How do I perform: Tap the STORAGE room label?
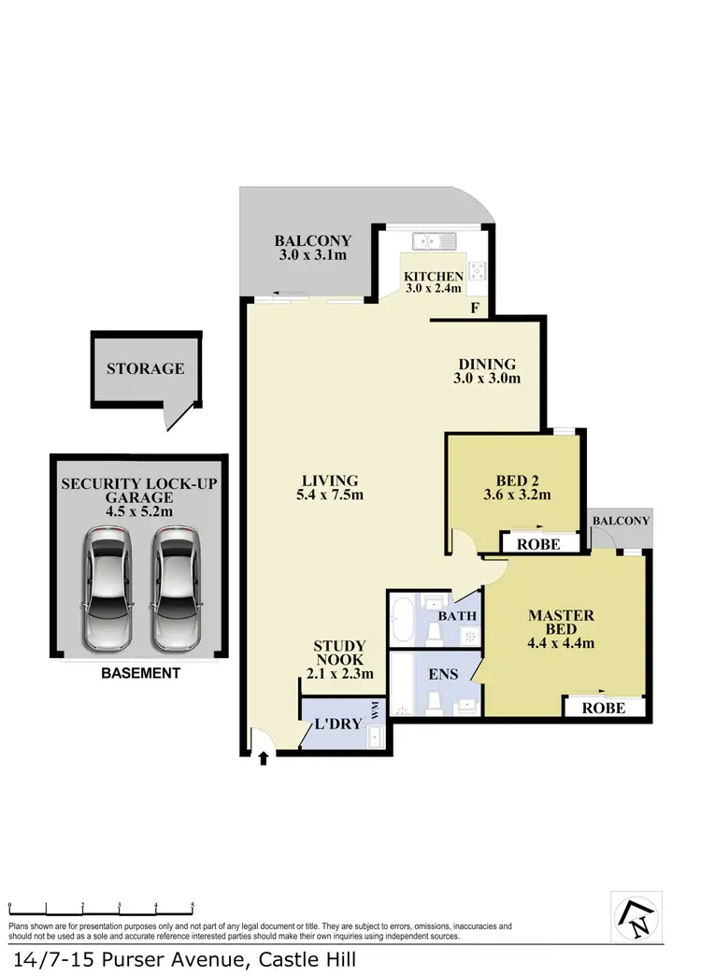(145, 368)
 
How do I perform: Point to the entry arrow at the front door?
(263, 758)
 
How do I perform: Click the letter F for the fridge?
(475, 308)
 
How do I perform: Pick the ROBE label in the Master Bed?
(604, 708)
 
